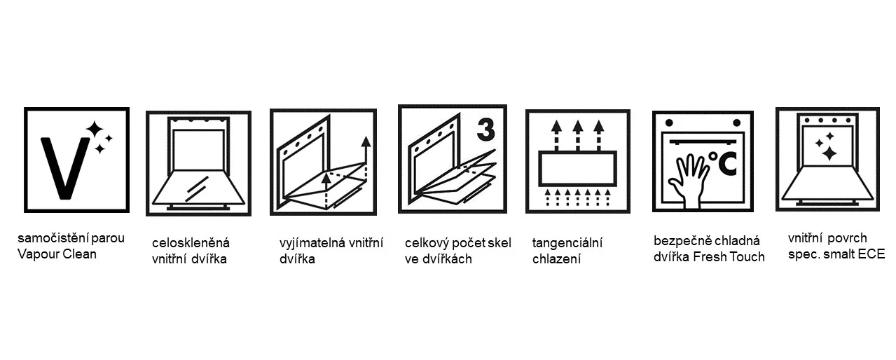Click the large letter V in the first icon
(x=65, y=168)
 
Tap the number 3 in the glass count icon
(x=486, y=130)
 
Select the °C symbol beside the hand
(x=722, y=164)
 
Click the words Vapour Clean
(x=57, y=254)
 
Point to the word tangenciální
(x=567, y=243)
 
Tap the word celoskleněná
(x=191, y=243)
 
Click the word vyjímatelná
(x=312, y=243)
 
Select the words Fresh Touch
(x=729, y=257)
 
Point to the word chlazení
(x=556, y=259)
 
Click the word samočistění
(x=53, y=238)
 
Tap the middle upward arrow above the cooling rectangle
(x=577, y=136)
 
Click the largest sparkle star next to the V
(x=95, y=130)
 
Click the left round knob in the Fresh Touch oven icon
(x=669, y=123)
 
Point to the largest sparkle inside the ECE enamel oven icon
(x=829, y=153)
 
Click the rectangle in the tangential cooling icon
(x=577, y=168)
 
